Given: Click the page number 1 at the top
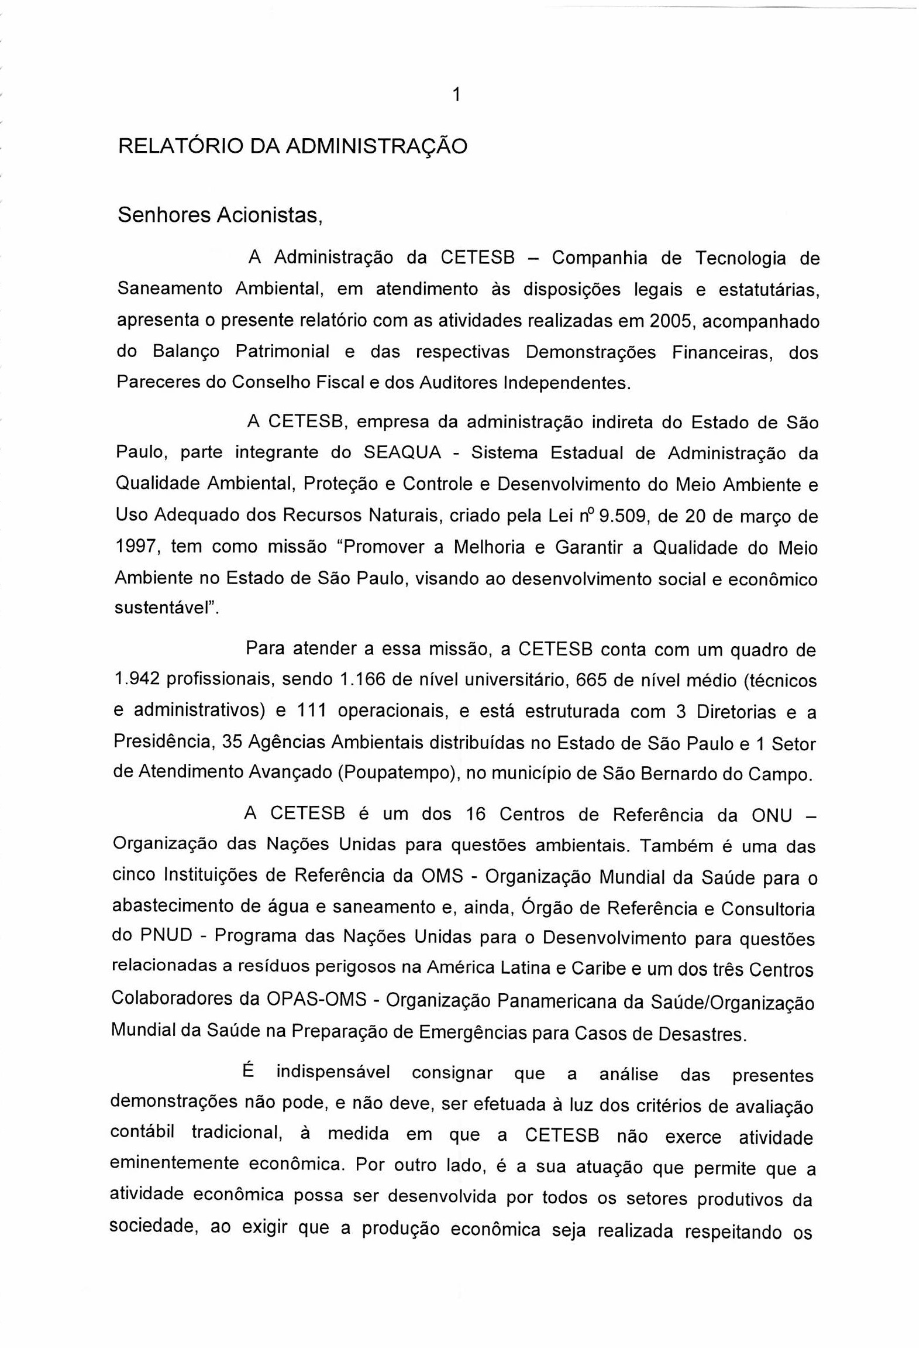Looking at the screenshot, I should click(x=457, y=94).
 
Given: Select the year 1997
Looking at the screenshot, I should click(x=137, y=547).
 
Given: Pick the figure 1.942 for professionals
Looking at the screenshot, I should click(x=137, y=680).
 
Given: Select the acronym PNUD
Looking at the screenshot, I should click(x=166, y=935).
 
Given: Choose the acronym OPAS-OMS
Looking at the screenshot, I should click(x=316, y=998).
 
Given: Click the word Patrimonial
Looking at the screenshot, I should click(x=283, y=351).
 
